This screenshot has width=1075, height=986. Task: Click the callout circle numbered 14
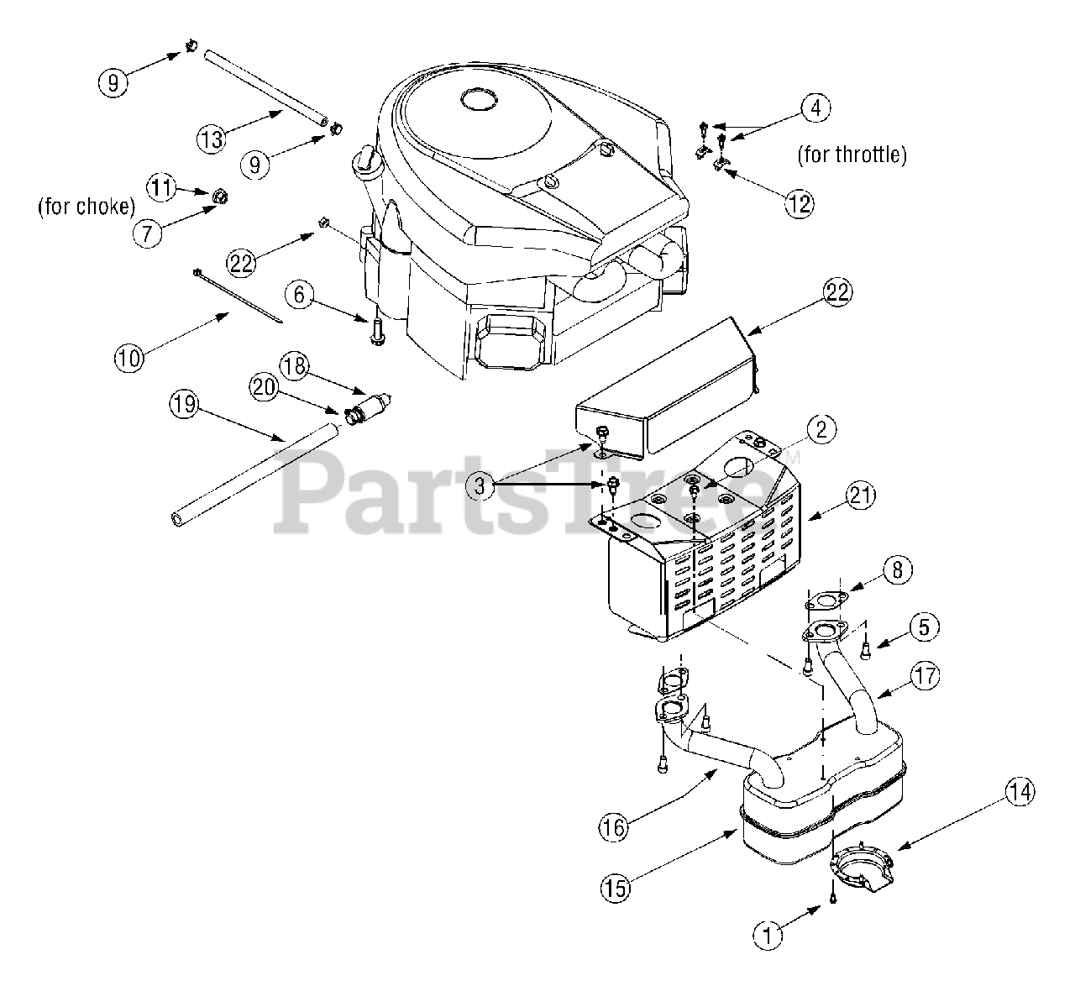coord(1021,791)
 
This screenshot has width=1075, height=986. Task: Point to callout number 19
coord(184,406)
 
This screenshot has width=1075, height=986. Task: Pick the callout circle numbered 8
coord(896,572)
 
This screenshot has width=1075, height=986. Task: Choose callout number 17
coord(923,676)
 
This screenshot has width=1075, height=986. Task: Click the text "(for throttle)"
coord(852,155)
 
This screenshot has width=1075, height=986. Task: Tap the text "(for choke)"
coord(87,207)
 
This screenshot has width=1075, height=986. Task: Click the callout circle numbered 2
coord(821,429)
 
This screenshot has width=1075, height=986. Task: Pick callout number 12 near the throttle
coord(800,203)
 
